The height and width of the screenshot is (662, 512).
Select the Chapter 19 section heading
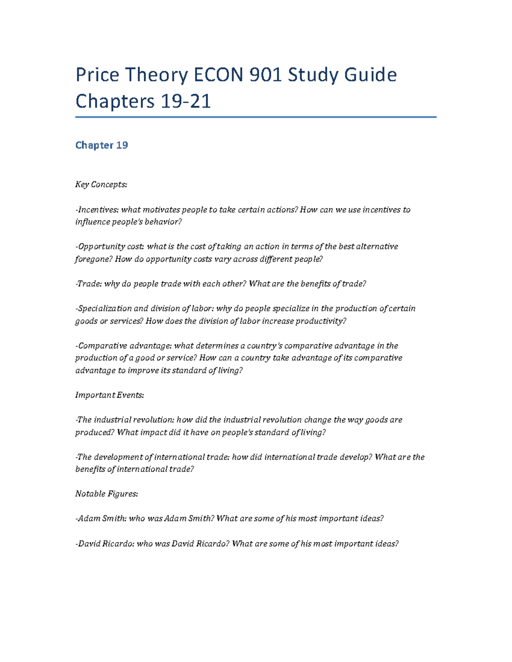point(102,145)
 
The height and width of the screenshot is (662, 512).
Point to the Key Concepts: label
point(101,185)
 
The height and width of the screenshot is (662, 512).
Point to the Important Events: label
point(110,395)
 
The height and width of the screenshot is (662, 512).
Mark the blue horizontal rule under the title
point(256,117)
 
